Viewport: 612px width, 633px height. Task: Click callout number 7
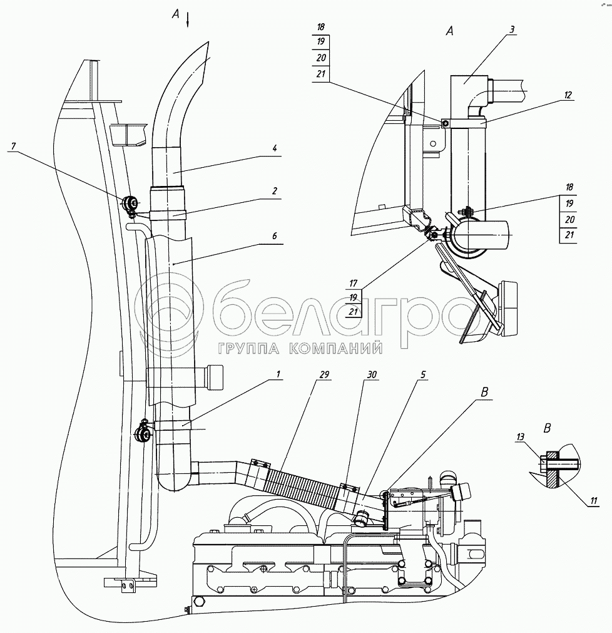pos(12,147)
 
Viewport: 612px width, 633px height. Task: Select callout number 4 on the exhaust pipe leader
pos(274,148)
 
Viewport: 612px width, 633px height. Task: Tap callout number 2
pos(274,190)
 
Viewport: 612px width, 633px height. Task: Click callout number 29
pos(324,374)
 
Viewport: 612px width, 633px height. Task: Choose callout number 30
pos(372,374)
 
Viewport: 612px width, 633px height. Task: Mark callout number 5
pos(424,374)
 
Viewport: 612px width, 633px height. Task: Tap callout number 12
pos(567,95)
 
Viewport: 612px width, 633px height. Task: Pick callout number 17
pos(354,284)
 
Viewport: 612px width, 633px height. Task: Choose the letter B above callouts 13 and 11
pos(547,430)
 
